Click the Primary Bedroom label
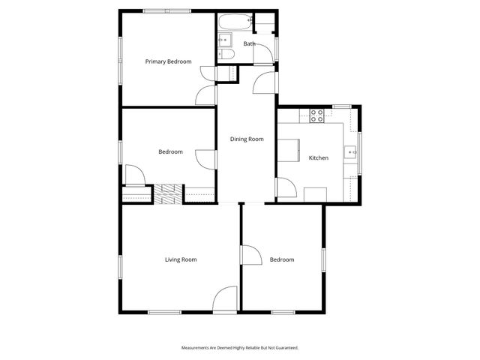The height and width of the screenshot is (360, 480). pos(168,61)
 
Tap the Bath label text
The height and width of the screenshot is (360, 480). pos(249,44)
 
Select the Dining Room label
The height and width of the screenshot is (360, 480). pos(247,139)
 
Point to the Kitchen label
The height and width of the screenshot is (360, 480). pos(319,157)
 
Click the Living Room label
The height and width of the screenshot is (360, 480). pos(181,259)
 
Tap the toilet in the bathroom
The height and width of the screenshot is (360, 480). pos(227,54)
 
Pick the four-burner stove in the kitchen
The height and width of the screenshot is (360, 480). pos(317,115)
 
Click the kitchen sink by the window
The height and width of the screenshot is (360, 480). pos(351,153)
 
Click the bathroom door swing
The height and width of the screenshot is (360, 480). pos(264,82)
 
